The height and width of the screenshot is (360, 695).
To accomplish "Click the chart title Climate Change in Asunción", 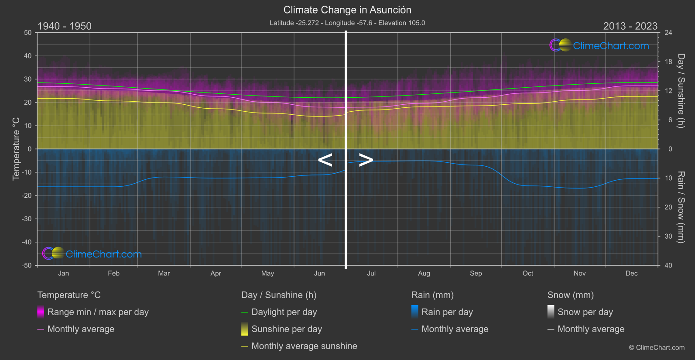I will point(347,10).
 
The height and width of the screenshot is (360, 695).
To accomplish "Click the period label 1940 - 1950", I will point(65,26).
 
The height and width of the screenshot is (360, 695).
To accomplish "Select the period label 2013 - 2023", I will point(630,26).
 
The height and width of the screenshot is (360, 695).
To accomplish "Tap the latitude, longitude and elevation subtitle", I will point(347,23).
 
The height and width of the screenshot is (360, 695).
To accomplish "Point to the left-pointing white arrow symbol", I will point(325,160).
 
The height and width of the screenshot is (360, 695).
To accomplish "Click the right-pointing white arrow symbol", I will point(366,160).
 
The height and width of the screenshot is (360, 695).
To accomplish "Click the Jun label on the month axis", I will point(319,273).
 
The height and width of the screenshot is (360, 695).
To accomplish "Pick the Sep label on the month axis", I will point(476,273).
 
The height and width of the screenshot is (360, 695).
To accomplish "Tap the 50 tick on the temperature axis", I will point(28,33).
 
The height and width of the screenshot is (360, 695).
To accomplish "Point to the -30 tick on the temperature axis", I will point(27,219).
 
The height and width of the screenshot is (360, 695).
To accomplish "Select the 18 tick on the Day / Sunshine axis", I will point(668,62).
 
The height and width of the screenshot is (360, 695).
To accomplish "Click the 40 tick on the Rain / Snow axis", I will point(668,265).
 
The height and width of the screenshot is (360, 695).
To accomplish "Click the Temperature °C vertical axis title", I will point(16,148).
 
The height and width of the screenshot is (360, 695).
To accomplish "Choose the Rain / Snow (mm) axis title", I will point(681,207).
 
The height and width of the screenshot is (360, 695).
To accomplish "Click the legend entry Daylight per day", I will point(284,312).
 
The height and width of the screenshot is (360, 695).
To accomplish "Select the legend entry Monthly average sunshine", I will point(304,346).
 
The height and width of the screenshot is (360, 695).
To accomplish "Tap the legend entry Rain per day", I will point(447,312).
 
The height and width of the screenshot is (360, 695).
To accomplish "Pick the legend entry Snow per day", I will point(585,312).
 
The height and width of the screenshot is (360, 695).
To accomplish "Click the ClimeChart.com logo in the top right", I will point(599,45).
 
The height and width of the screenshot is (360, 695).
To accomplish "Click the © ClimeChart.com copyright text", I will point(657,347).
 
